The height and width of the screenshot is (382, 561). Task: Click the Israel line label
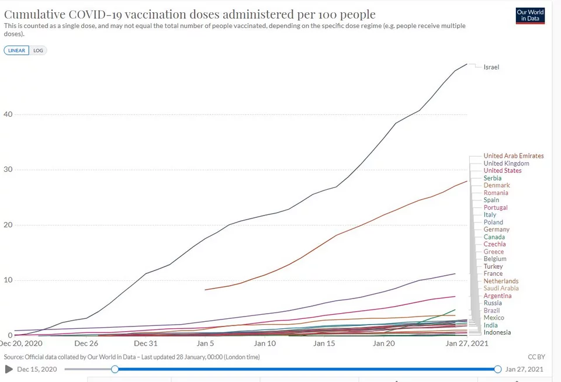491,67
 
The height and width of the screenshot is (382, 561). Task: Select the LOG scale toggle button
38,50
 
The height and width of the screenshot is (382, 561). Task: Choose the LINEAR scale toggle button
16,50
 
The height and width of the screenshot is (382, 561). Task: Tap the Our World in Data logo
530,16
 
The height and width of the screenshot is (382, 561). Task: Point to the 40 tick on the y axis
8,114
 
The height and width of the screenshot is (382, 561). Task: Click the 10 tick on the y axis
8,280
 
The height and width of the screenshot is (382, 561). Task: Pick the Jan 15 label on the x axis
324,343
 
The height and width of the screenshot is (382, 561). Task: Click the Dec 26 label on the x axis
86,343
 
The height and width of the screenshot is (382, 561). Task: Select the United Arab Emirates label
513,156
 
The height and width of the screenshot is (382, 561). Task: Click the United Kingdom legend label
506,164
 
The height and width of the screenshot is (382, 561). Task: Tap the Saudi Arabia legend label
501,289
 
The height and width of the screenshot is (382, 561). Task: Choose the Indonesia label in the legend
497,332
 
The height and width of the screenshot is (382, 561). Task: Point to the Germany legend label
496,230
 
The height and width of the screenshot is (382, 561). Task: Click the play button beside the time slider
9,369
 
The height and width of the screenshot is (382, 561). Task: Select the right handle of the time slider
497,369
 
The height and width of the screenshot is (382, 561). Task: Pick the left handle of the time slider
115,369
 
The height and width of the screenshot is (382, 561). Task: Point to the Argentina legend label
497,296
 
